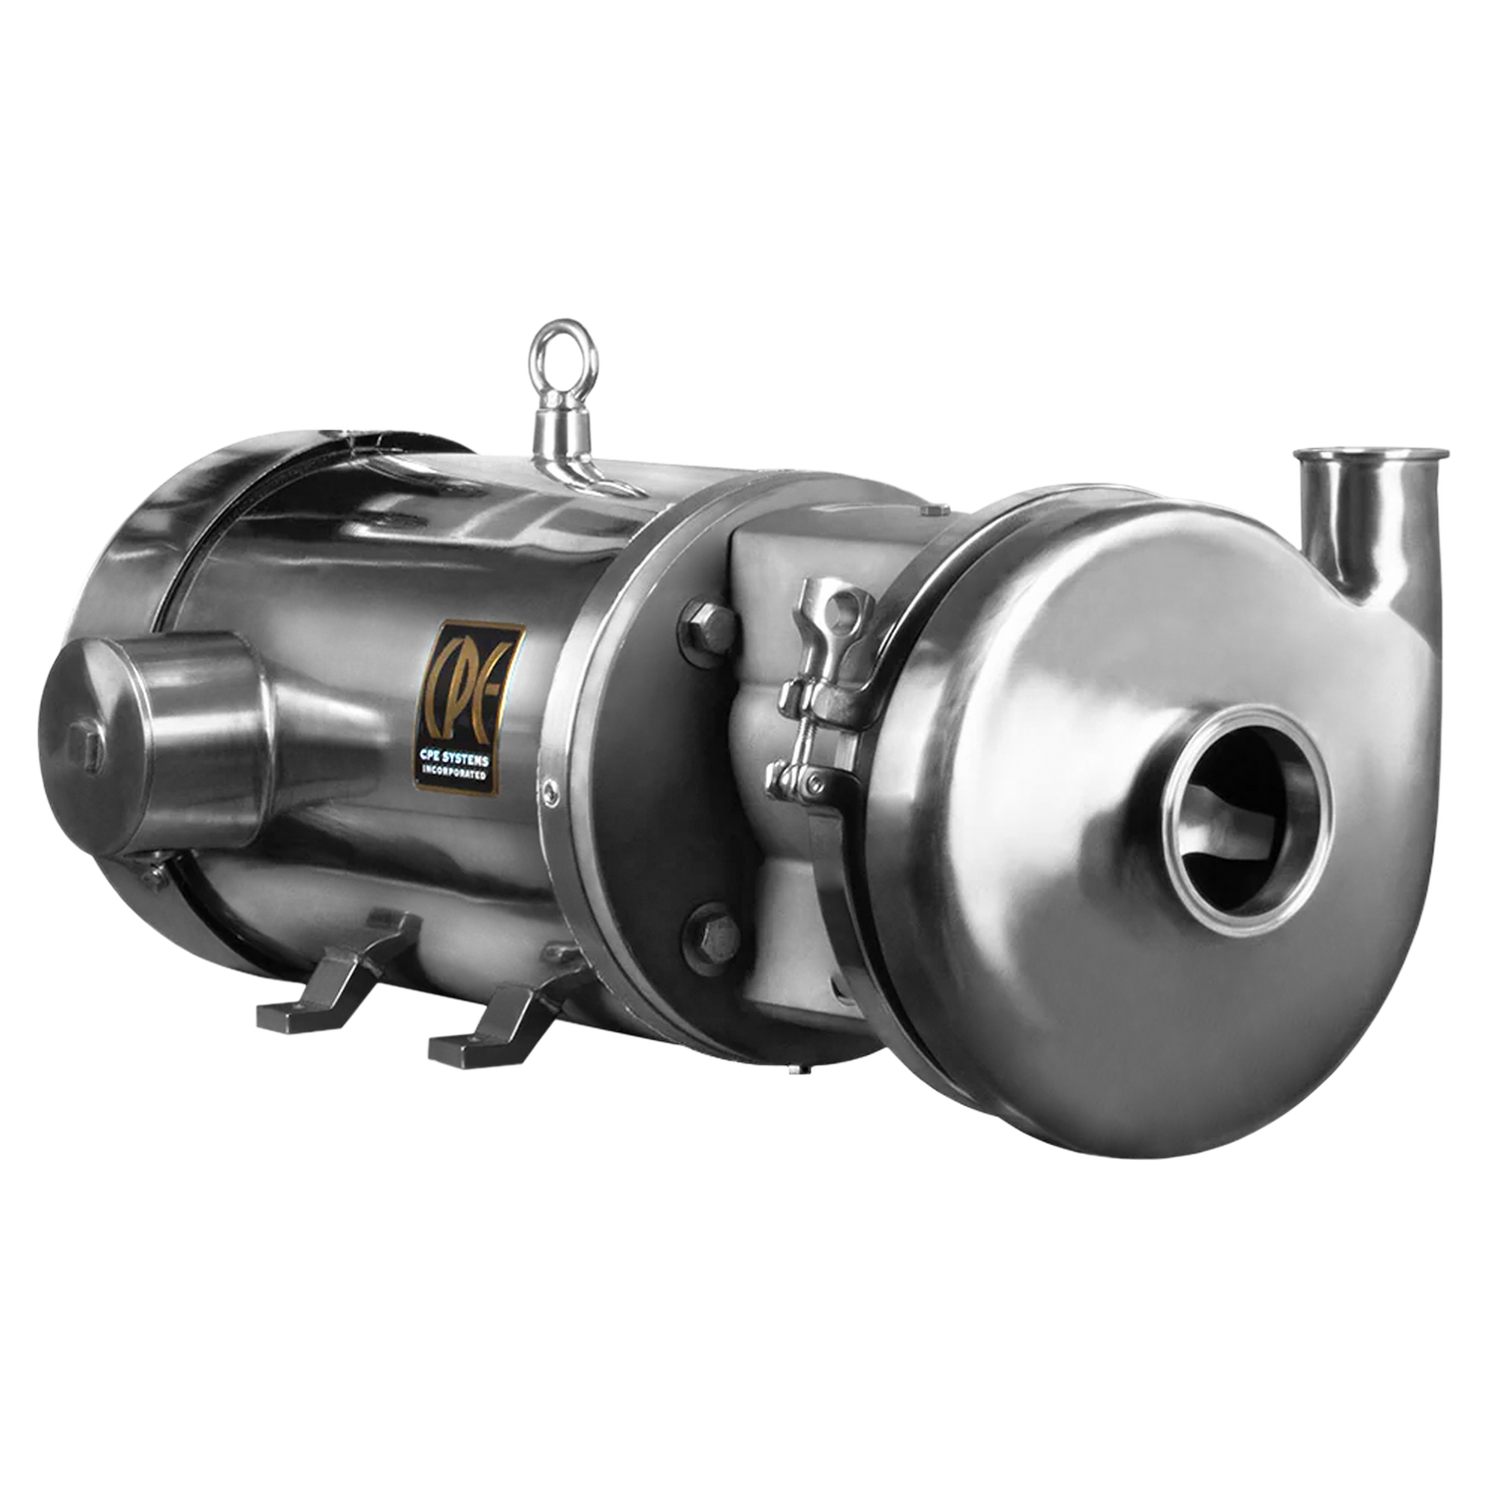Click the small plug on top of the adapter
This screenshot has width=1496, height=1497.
pyautogui.click(x=933, y=511)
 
